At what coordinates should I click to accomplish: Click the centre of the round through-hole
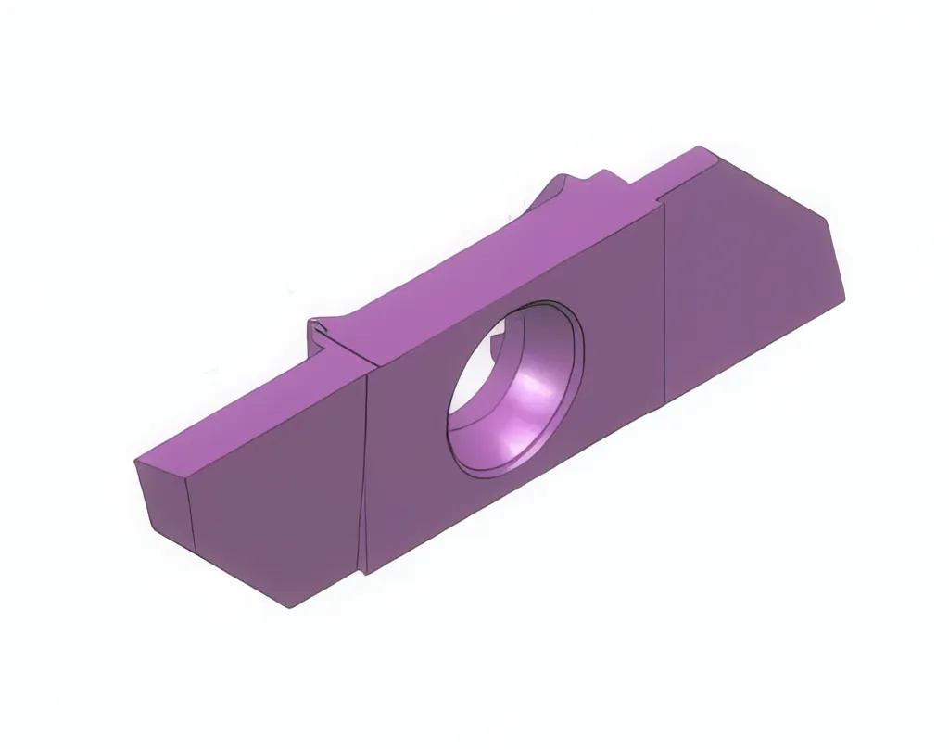[x=515, y=387]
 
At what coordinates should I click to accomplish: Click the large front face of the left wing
[x=278, y=501]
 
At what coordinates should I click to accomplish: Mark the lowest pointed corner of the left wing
[x=289, y=608]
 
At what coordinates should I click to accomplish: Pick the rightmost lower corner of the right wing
[x=845, y=298]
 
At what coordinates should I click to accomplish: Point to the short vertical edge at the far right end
[x=836, y=260]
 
